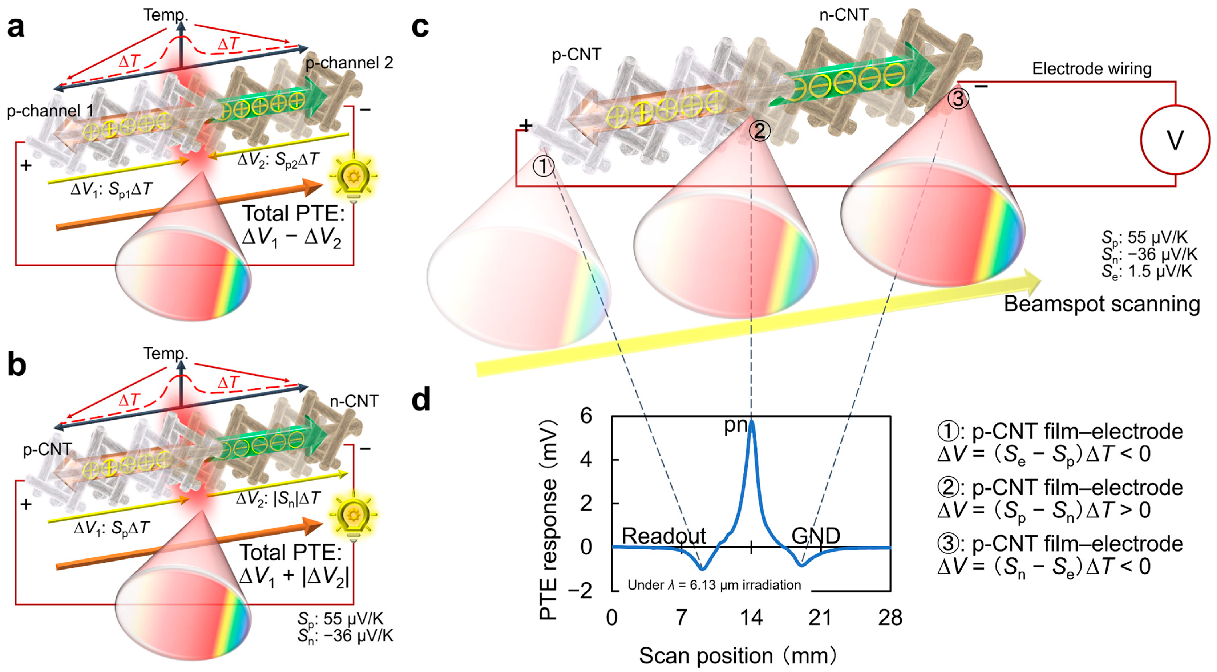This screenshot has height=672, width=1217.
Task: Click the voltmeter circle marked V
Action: point(1175,139)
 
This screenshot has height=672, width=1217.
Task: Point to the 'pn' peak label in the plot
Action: point(736,425)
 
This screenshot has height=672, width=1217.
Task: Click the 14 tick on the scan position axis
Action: point(751,618)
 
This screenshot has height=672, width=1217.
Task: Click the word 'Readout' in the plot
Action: point(663,536)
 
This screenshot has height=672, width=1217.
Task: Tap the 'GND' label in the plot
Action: point(816,536)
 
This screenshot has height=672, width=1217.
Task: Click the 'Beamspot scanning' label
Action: point(1102,304)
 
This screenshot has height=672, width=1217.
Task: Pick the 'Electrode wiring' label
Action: point(1091,69)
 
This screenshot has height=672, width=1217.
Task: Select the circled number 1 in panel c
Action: point(543,166)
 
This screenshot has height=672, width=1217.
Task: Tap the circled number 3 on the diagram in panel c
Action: point(958,99)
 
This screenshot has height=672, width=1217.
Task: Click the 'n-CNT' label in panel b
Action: point(354,401)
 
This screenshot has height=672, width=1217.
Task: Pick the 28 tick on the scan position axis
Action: point(890,618)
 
